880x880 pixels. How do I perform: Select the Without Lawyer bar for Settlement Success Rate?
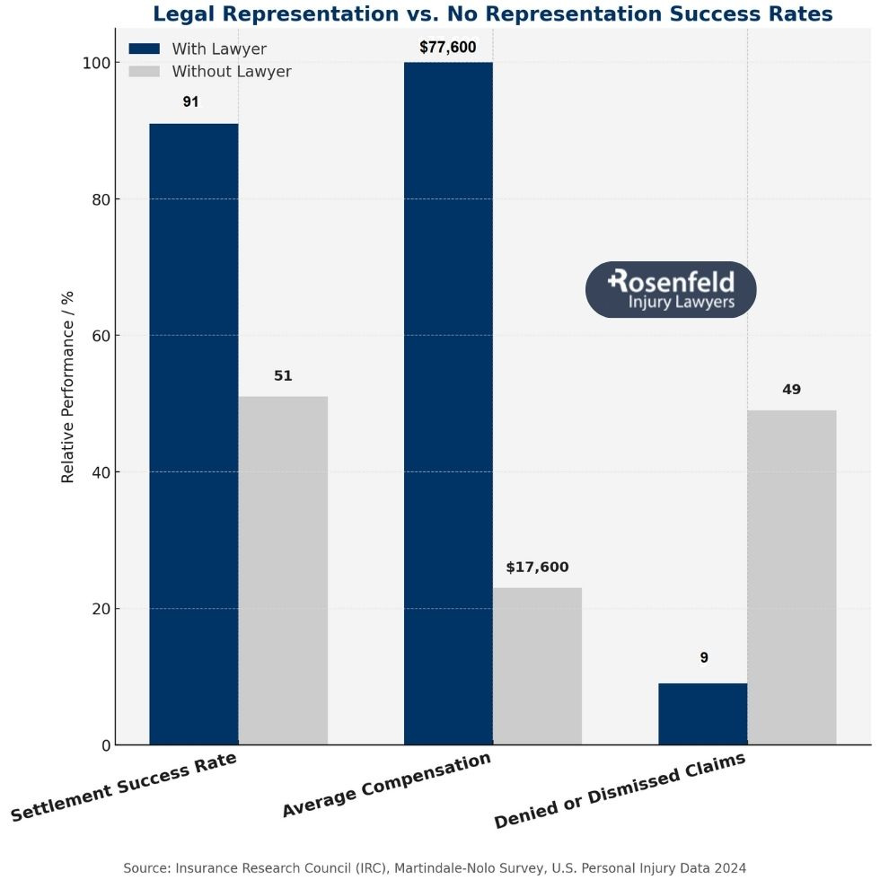pyautogui.click(x=283, y=570)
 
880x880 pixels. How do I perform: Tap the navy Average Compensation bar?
pyautogui.click(x=448, y=403)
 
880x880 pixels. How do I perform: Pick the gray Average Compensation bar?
pyautogui.click(x=537, y=665)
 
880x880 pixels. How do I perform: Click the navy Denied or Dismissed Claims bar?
pyautogui.click(x=702, y=714)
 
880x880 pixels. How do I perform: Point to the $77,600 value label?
pyautogui.click(x=448, y=48)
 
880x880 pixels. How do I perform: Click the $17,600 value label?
pyautogui.click(x=537, y=568)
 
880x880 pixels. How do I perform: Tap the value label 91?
pyautogui.click(x=191, y=102)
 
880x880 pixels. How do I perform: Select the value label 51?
pyautogui.click(x=283, y=376)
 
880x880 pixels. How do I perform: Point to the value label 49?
pyautogui.click(x=791, y=390)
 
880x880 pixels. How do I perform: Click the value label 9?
pyautogui.click(x=704, y=658)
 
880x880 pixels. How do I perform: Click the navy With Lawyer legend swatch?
pyautogui.click(x=144, y=48)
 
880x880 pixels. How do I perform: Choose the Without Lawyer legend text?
pyautogui.click(x=232, y=72)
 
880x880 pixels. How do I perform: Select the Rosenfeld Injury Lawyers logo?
pyautogui.click(x=671, y=290)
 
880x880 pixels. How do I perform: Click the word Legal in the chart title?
pyautogui.click(x=183, y=14)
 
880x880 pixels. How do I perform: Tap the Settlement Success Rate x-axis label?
pyautogui.click(x=124, y=787)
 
